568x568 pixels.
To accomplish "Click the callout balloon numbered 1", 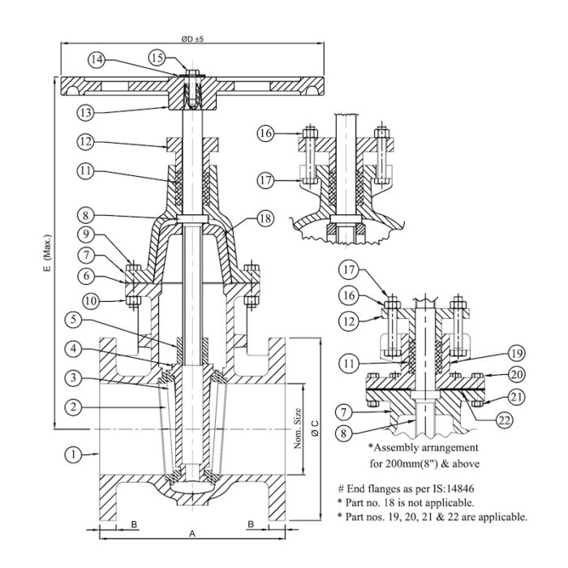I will pyautogui.click(x=74, y=455).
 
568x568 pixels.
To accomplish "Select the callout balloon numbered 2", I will pyautogui.click(x=74, y=406).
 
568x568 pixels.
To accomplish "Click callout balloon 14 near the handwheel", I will pyautogui.click(x=97, y=59).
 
